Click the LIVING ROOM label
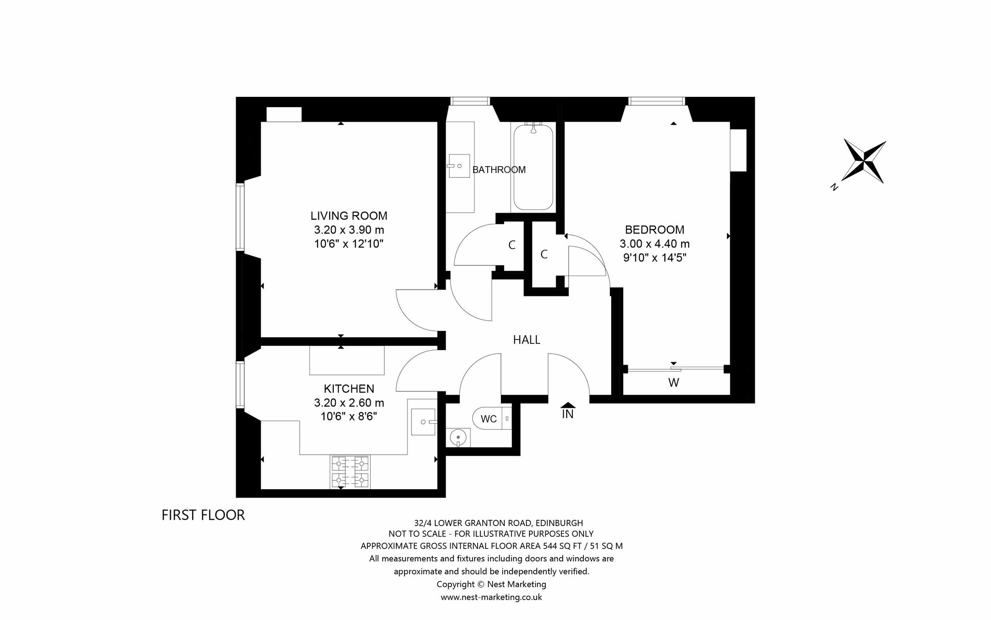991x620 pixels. tap(349, 216)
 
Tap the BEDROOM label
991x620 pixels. tap(655, 230)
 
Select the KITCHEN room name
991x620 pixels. tap(349, 388)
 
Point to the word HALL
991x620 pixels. tap(526, 340)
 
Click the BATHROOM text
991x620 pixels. tap(499, 170)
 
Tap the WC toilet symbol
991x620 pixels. tap(492, 418)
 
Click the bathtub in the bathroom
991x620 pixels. tap(533, 167)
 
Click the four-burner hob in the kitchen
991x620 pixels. tap(350, 472)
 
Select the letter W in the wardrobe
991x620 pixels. tap(674, 383)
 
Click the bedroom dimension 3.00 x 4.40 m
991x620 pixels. tap(655, 244)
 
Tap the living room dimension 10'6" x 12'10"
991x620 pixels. tap(349, 244)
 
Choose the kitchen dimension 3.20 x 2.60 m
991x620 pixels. tap(349, 403)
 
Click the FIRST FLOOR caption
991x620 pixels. tap(203, 515)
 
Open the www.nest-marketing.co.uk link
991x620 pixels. tap(491, 597)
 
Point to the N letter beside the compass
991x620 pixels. tap(834, 187)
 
